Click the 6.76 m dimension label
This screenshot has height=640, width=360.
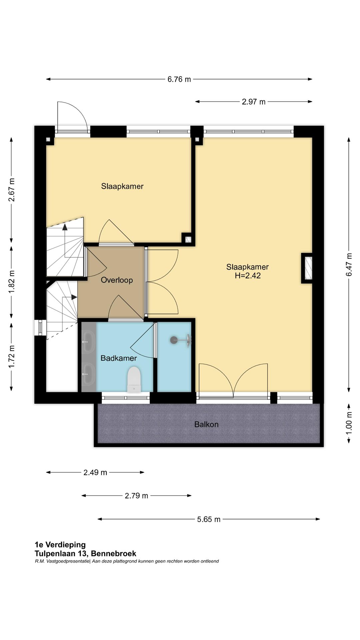[x=179, y=79]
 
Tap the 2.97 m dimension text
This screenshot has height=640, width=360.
[x=254, y=102]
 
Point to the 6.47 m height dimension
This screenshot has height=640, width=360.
[x=349, y=265]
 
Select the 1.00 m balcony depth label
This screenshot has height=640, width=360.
[x=349, y=423]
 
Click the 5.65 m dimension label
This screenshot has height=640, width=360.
[x=209, y=519]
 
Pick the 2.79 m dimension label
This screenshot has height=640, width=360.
[x=136, y=496]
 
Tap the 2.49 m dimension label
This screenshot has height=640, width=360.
[x=95, y=472]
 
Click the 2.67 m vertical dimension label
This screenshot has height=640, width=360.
[x=12, y=190]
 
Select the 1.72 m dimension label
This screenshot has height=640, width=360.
[x=12, y=357]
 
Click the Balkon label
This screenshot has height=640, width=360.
[x=206, y=424]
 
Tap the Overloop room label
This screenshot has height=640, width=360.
[x=117, y=280]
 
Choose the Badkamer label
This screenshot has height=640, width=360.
[x=119, y=358]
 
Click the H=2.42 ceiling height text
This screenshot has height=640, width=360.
[x=248, y=276]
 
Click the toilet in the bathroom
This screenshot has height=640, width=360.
[x=134, y=379]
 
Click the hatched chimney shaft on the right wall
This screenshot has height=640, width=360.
[x=307, y=268]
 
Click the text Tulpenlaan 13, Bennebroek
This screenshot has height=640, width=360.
[x=85, y=554]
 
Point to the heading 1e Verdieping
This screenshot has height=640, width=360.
[x=60, y=545]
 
